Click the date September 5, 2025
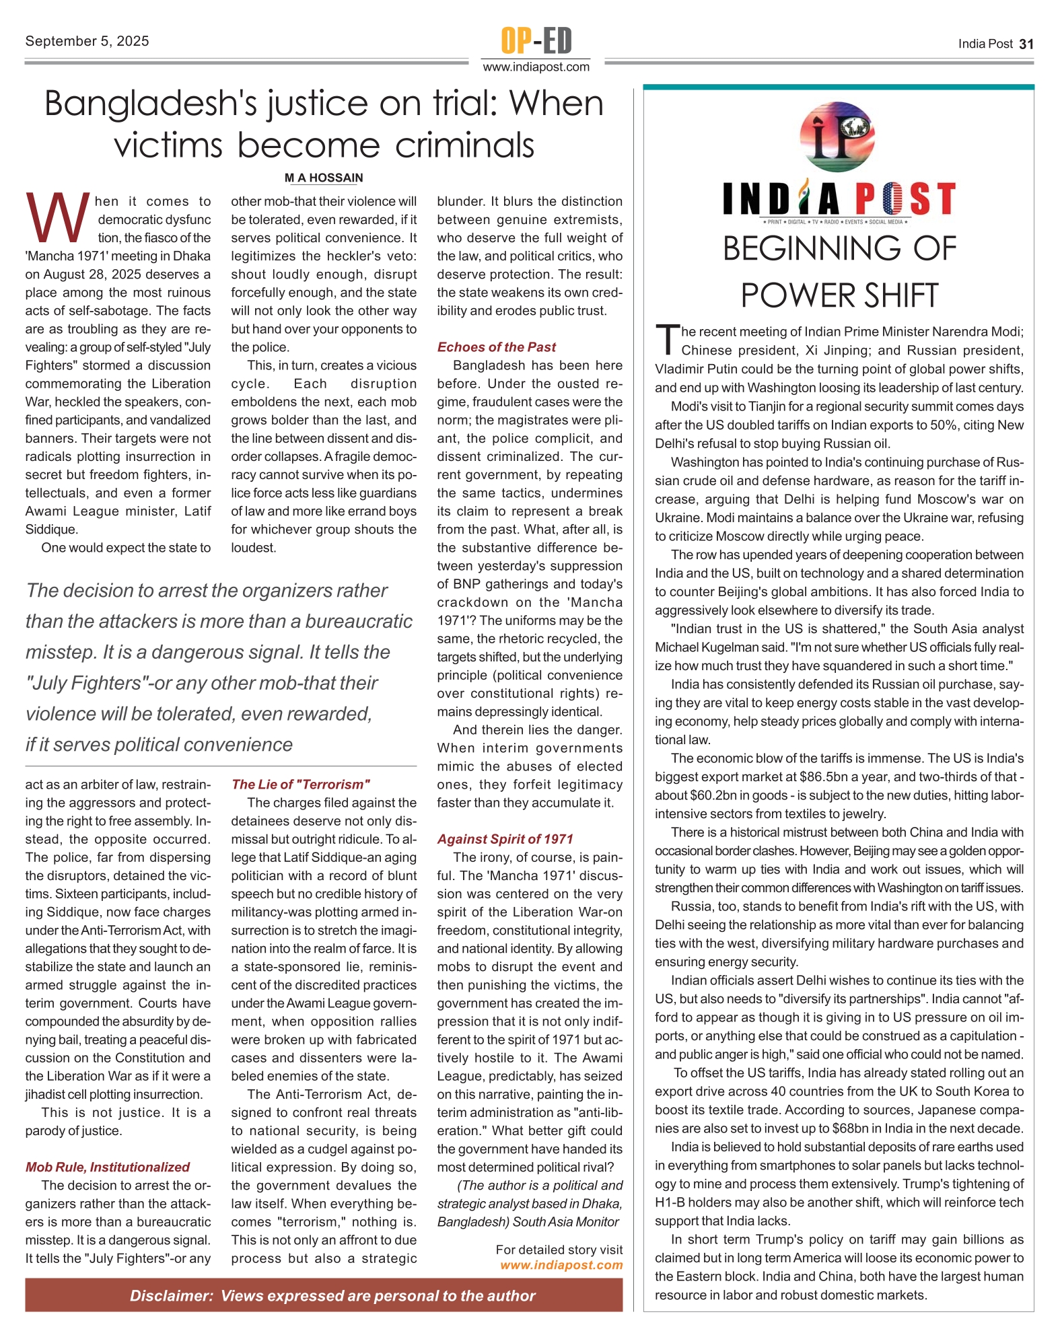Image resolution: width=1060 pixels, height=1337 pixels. (x=87, y=41)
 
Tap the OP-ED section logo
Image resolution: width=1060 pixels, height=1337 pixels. (x=536, y=40)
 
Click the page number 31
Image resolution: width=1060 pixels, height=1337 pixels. (x=1026, y=44)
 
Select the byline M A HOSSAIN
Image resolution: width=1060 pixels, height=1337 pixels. (x=324, y=178)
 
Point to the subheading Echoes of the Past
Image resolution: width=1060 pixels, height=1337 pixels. (x=497, y=347)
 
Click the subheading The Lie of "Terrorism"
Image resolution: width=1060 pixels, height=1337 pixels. (x=301, y=785)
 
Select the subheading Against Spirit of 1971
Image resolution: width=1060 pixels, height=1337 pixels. (x=505, y=839)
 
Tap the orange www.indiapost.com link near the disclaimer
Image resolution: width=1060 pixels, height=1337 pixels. (x=561, y=1266)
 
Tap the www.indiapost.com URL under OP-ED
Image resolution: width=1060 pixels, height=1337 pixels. (x=536, y=67)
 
